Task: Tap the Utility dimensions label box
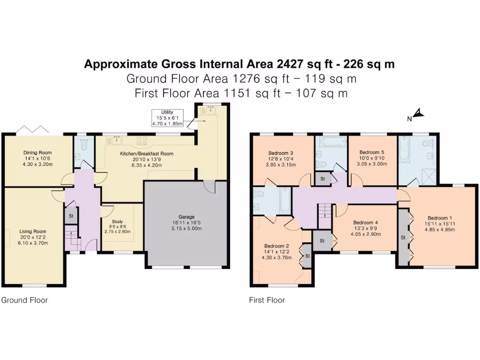coord(167,118)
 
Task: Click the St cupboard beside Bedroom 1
coord(403,237)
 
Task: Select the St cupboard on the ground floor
coord(71,216)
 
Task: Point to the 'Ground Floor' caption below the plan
coord(24,300)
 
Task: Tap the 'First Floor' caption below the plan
coord(267,300)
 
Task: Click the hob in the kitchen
coord(141,140)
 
